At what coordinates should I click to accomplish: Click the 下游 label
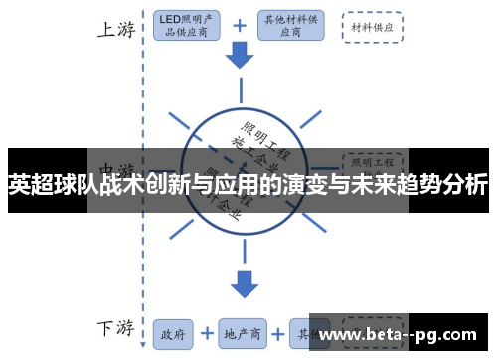pyautogui.click(x=115, y=329)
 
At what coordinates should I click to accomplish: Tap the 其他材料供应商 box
pyautogui.click(x=289, y=27)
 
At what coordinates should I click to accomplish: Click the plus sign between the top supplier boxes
pyautogui.click(x=239, y=27)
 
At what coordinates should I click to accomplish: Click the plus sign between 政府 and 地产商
pyautogui.click(x=206, y=334)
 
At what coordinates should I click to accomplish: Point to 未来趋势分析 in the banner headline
pyautogui.click(x=429, y=184)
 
